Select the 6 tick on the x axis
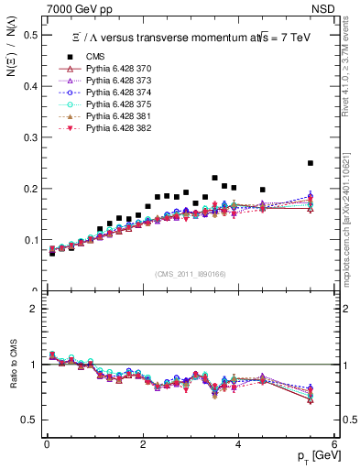click(335, 446)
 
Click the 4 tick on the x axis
click(239, 446)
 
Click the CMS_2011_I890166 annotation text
click(190, 274)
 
